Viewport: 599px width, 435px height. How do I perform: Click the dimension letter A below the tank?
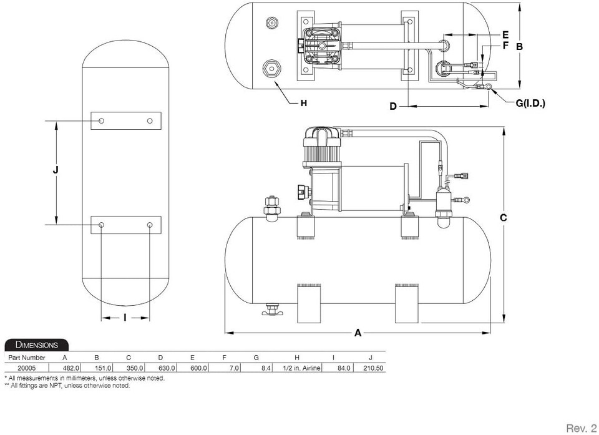(x=358, y=333)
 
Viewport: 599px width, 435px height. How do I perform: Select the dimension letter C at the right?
(x=503, y=218)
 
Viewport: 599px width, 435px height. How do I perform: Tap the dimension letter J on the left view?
(x=56, y=170)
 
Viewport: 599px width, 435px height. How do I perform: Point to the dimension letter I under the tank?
(x=125, y=318)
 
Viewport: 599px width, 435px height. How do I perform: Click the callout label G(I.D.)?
(x=530, y=103)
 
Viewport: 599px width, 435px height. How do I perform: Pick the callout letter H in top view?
(x=304, y=103)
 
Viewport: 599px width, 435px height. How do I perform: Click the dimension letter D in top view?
(x=393, y=107)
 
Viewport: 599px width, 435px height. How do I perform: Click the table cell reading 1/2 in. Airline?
(x=302, y=369)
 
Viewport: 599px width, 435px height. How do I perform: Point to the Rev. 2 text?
(x=580, y=428)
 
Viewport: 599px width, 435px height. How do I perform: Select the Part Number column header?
(x=25, y=358)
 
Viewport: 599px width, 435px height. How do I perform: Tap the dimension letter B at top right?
(x=519, y=46)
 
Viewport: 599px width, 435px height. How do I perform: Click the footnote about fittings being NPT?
(x=67, y=386)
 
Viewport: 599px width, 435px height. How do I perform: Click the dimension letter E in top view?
(x=505, y=34)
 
